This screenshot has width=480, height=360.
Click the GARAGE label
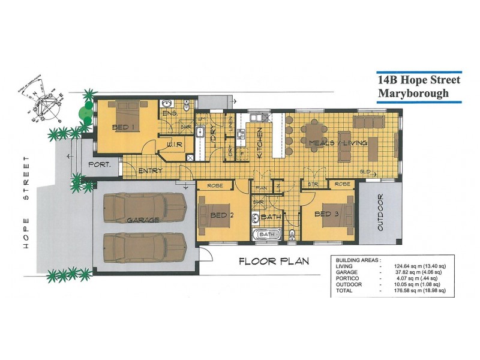point(143,220)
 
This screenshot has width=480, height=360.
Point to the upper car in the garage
point(144,208)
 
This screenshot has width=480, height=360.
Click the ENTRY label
point(150,171)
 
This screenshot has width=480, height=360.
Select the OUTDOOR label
point(380,213)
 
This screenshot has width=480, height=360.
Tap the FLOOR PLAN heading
point(274,261)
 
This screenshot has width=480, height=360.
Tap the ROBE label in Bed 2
point(215,185)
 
